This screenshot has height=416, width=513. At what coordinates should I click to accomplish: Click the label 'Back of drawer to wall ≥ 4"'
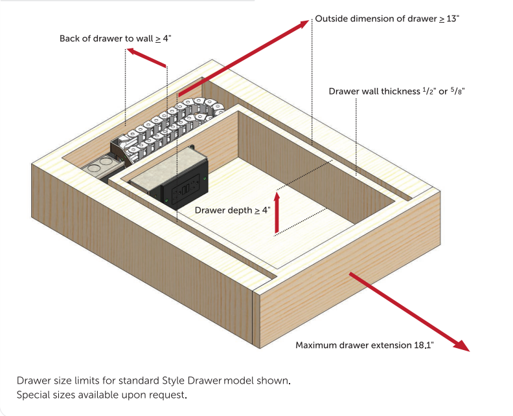[x=115, y=39]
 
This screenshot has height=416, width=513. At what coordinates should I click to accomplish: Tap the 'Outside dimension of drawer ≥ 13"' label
[x=387, y=19]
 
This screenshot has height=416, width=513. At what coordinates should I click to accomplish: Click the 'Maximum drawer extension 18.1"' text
[x=364, y=345]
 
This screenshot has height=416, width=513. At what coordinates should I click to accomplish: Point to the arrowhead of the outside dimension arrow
[x=304, y=23]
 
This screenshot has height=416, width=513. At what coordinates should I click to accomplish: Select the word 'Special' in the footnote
[x=33, y=394]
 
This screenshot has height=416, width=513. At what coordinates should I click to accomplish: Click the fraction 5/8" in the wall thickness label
[x=457, y=91]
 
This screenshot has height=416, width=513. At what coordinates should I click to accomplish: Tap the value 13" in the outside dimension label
[x=451, y=19]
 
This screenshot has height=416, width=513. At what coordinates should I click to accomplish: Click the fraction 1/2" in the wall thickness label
[x=427, y=91]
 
